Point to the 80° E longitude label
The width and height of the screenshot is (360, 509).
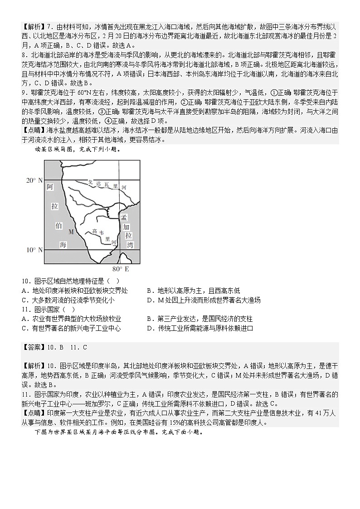point(121,269)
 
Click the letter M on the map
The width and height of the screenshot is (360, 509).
point(70,232)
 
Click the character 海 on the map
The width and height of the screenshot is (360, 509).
point(63,245)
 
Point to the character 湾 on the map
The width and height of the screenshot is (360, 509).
point(131,245)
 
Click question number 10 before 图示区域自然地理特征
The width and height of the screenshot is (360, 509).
point(25,281)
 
